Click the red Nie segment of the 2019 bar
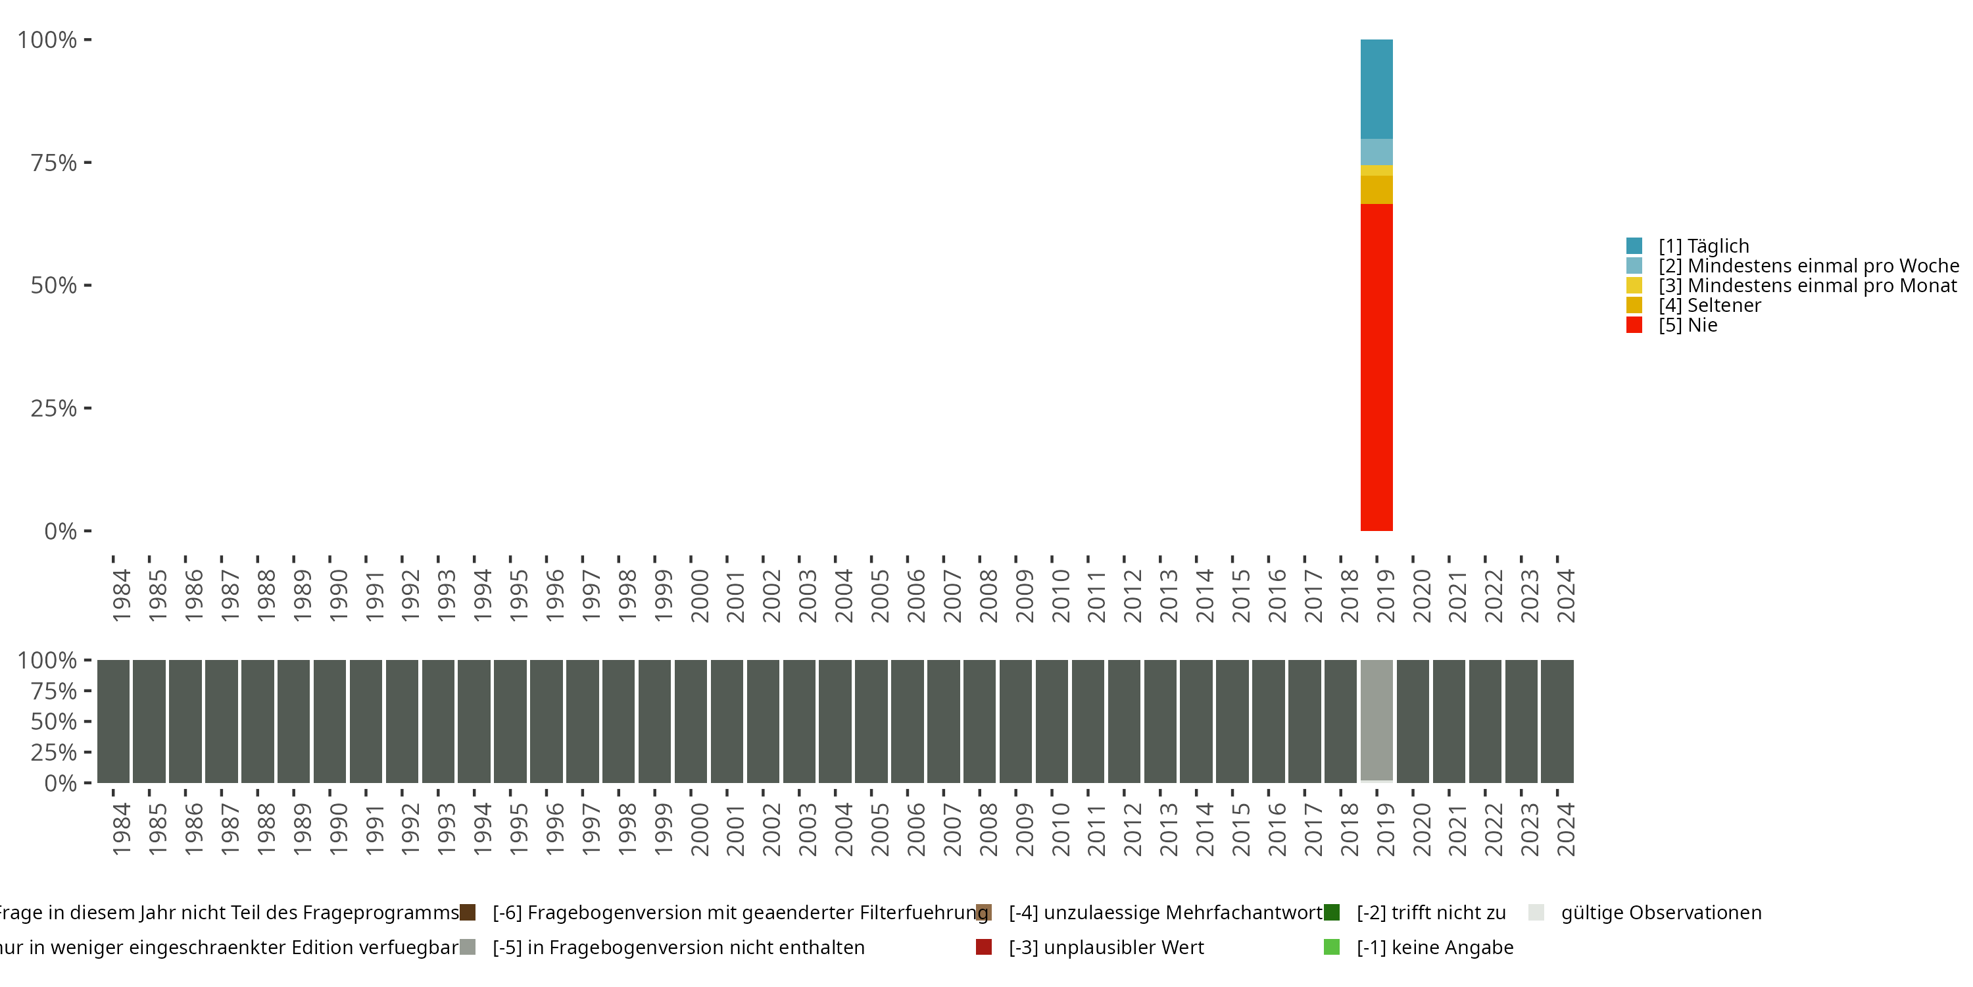[x=1376, y=368]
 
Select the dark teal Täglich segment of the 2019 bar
[x=1376, y=89]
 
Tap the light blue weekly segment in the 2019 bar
[x=1376, y=152]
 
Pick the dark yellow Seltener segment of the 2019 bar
[x=1376, y=190]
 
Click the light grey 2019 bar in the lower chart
[x=1376, y=721]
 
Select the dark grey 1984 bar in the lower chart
[x=112, y=721]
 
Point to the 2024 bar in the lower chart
[x=1557, y=721]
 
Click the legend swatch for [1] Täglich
[x=1634, y=246]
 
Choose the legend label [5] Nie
[x=1688, y=325]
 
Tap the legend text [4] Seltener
[x=1709, y=305]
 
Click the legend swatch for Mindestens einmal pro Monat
[x=1634, y=286]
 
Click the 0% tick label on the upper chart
[x=60, y=531]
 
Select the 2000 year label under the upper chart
[x=699, y=595]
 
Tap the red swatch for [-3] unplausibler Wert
[x=983, y=947]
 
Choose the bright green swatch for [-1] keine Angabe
[x=1331, y=947]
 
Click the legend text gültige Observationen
[x=1661, y=913]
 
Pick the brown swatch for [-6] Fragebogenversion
[x=467, y=913]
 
